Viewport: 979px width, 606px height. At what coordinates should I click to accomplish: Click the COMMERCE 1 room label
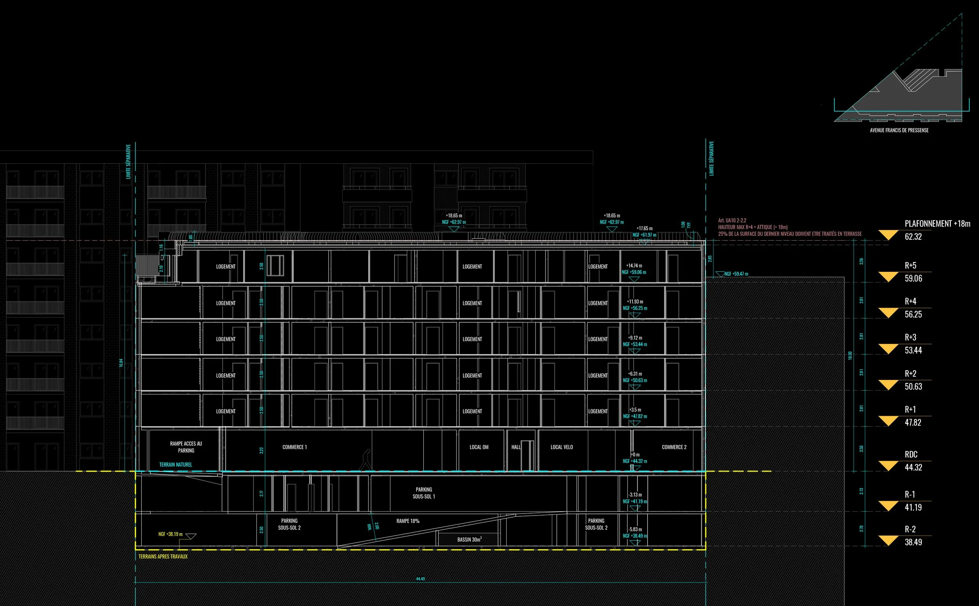click(x=294, y=447)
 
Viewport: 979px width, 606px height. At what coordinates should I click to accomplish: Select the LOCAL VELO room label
click(x=562, y=447)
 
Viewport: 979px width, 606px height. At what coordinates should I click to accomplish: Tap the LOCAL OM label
click(x=479, y=447)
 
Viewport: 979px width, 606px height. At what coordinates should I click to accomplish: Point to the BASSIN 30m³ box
click(x=469, y=539)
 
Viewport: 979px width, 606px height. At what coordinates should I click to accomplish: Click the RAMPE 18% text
click(x=408, y=521)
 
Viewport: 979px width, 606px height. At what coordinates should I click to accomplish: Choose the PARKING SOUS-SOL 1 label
click(x=424, y=493)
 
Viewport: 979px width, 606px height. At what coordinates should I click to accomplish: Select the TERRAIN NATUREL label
click(x=175, y=465)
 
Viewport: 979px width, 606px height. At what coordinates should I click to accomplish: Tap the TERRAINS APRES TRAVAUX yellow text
click(x=163, y=556)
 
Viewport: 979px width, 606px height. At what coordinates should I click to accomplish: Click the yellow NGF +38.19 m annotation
click(x=170, y=534)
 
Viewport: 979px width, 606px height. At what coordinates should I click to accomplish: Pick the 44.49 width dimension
click(x=420, y=579)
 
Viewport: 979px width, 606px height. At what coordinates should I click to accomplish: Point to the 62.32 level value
click(x=913, y=237)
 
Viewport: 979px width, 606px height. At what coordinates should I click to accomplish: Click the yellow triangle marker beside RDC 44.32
click(x=888, y=466)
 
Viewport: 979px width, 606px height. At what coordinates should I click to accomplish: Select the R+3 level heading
click(x=910, y=337)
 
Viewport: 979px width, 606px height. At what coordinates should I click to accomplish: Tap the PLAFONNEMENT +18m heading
click(x=937, y=224)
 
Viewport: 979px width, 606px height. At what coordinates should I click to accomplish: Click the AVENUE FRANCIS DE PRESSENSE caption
click(x=899, y=130)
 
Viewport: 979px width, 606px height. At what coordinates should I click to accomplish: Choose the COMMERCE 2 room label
click(x=674, y=447)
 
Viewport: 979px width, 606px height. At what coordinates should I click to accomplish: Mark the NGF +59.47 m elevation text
click(x=736, y=274)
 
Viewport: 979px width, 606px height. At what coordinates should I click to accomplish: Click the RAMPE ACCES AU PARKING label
click(x=186, y=447)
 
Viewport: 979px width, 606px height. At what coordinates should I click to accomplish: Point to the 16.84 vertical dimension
click(x=121, y=363)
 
